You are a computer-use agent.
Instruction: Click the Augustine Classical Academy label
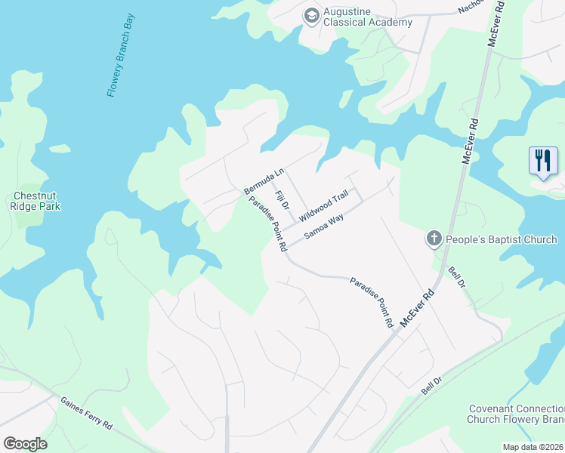pos(368,17)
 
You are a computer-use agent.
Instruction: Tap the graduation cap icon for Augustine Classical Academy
pos(311,15)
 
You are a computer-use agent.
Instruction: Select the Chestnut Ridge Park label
pos(36,201)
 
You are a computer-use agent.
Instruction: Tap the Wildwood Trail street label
pos(323,206)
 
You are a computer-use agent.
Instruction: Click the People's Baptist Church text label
pos(501,239)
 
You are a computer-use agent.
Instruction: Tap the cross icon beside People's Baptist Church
pos(434,239)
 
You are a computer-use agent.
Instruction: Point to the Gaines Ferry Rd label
pos(86,413)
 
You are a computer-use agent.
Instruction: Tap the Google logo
pos(25,444)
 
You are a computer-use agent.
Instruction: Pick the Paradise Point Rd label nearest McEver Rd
pos(372,301)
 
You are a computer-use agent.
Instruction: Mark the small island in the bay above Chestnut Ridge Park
pos(60,149)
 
